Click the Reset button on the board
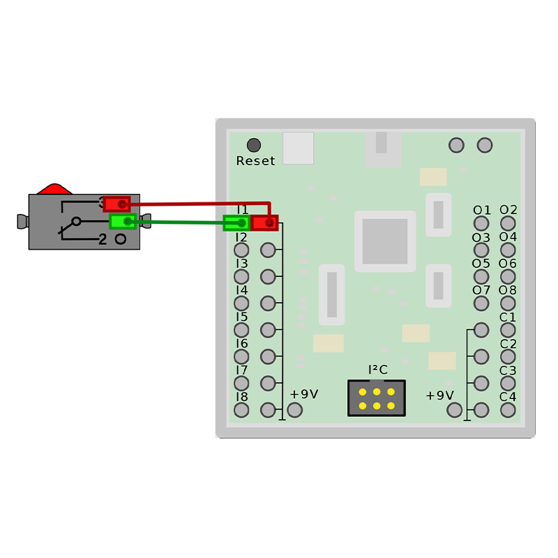(x=254, y=145)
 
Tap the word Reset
(x=255, y=161)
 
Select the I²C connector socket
(x=377, y=398)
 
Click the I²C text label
(x=377, y=370)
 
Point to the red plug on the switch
(x=117, y=204)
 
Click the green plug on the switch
(x=123, y=222)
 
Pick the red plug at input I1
(x=264, y=223)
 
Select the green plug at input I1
(x=236, y=223)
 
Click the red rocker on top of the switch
(x=54, y=189)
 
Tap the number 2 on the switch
(x=103, y=240)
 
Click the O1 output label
(x=481, y=210)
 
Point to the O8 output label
(x=508, y=290)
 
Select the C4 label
(x=508, y=397)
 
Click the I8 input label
(x=241, y=397)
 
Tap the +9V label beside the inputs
(x=304, y=394)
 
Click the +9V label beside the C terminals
(x=439, y=395)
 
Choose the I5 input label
(x=241, y=317)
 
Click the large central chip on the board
(x=385, y=241)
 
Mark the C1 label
(x=508, y=317)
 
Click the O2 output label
(x=508, y=210)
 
